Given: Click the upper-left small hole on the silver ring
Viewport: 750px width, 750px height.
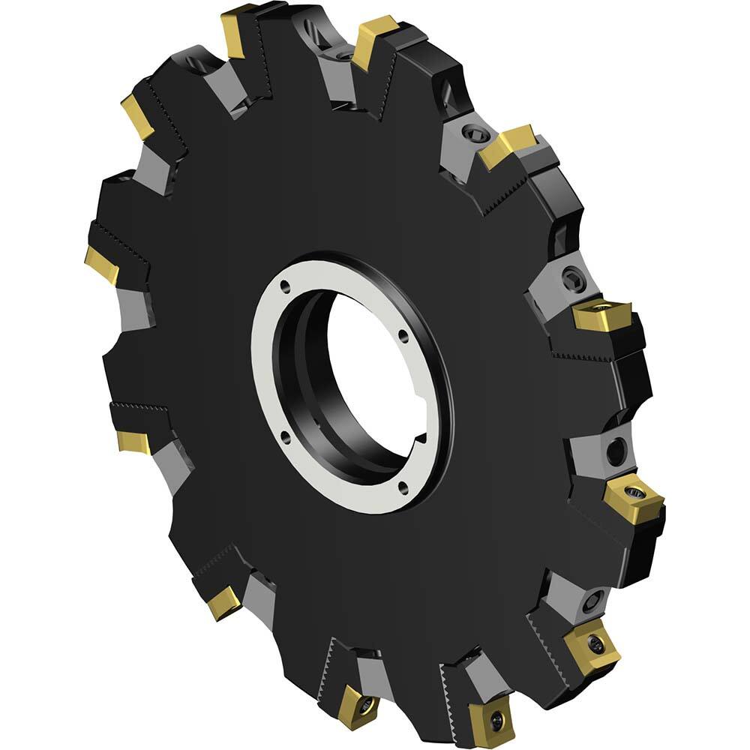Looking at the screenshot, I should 286,285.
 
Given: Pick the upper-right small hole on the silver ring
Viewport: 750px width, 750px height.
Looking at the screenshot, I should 403,336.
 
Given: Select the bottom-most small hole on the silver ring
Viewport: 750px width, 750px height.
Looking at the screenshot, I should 403,489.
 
